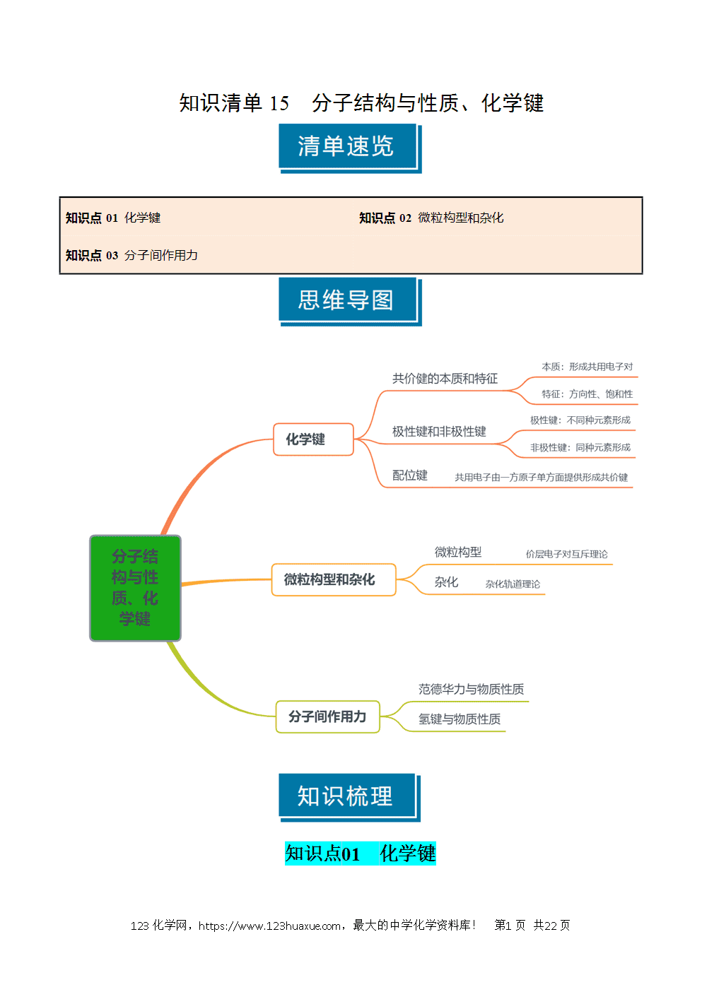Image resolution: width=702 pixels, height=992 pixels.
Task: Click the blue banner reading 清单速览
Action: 350,148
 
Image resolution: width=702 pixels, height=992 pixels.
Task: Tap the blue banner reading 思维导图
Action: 350,301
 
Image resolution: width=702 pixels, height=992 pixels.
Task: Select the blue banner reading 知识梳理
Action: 349,797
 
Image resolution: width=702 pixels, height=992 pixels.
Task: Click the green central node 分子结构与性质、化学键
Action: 135,588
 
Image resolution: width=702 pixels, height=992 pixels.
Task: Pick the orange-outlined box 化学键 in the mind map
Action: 313,439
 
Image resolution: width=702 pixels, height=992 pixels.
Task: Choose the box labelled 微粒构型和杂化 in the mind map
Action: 333,579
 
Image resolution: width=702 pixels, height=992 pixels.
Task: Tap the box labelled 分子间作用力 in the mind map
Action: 327,716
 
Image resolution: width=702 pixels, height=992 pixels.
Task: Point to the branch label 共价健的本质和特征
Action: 445,379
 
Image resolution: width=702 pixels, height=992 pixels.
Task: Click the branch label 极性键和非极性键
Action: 439,431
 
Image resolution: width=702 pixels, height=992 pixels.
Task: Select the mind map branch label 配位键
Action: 409,476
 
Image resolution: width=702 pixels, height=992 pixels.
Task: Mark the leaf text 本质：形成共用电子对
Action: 587,367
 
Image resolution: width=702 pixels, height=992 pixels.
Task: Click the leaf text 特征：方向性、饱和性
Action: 587,394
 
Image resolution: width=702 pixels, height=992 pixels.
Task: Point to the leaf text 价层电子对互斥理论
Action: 566,554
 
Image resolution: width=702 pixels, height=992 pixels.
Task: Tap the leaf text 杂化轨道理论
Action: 513,584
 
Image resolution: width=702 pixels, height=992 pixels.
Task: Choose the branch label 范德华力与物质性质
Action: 471,689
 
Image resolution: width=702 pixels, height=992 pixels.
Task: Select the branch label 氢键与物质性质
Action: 459,719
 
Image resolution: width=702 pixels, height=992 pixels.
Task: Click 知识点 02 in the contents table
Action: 385,218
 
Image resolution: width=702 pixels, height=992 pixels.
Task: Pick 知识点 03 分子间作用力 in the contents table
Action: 131,256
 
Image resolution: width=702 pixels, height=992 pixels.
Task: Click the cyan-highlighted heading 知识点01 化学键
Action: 360,854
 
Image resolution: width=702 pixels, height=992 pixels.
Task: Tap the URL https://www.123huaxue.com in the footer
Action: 269,926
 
